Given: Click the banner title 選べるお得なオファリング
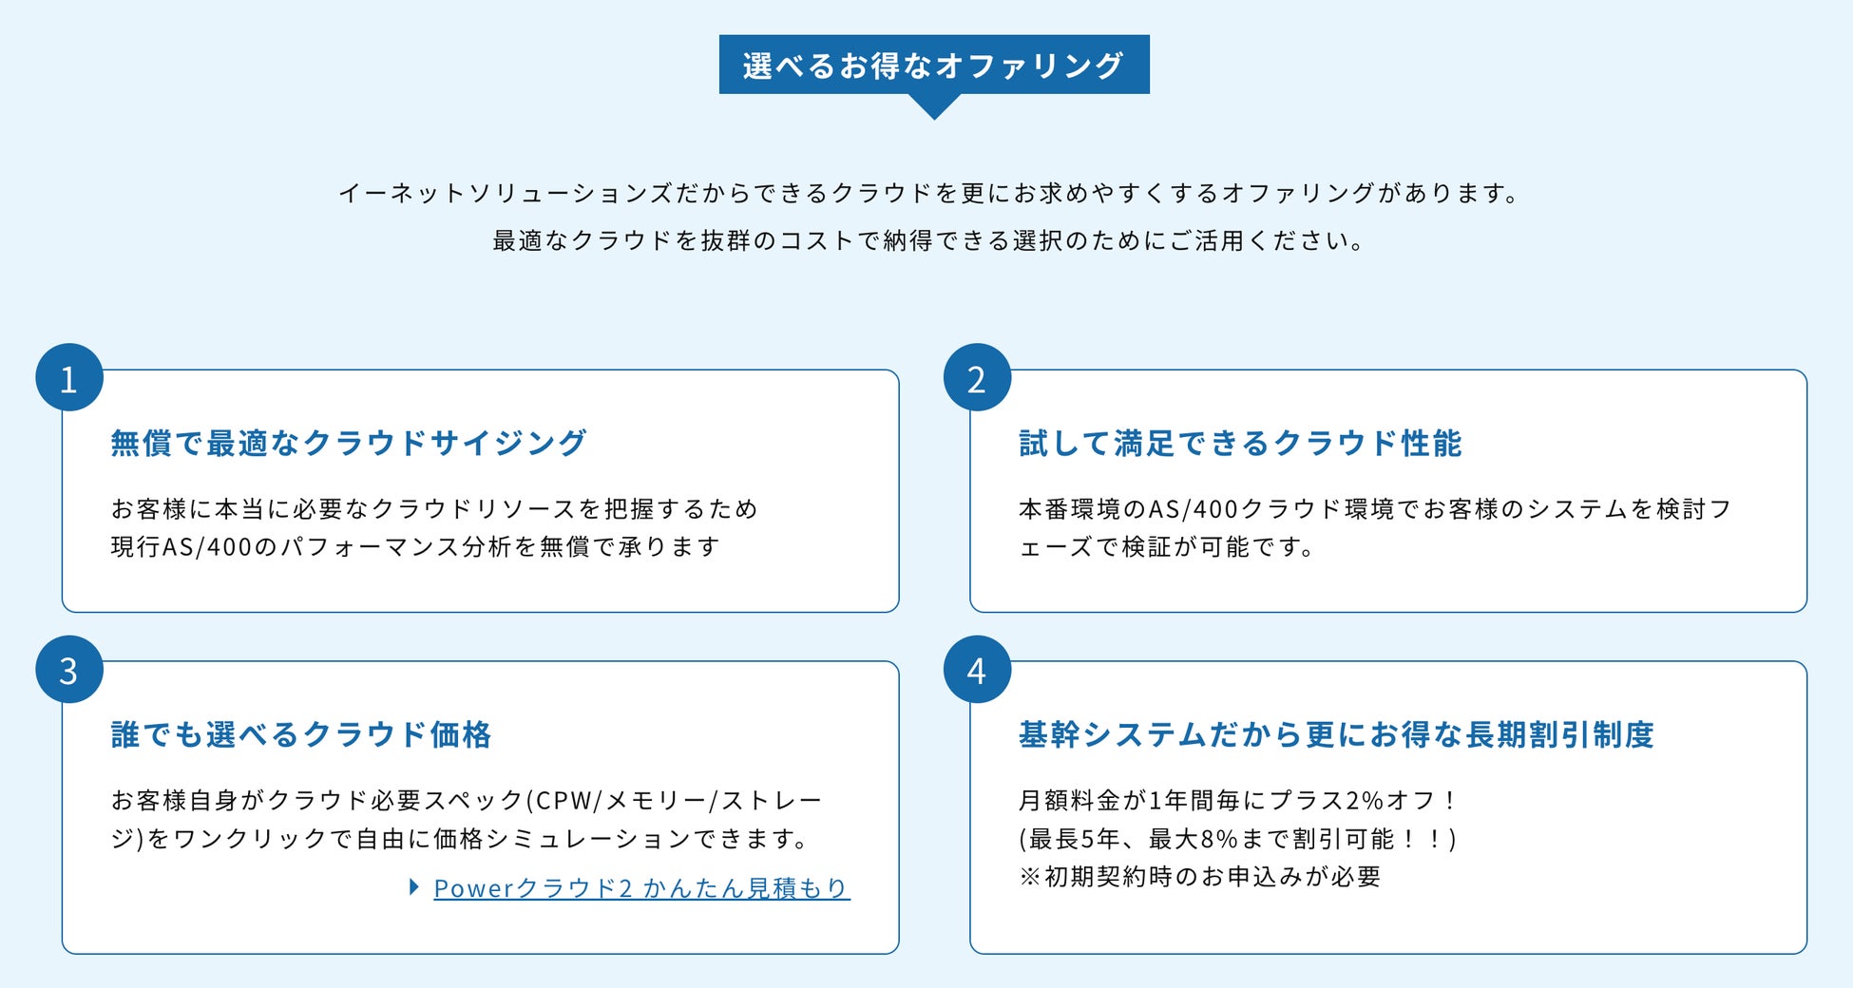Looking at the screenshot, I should click(933, 65).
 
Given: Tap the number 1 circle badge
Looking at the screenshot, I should click(68, 378).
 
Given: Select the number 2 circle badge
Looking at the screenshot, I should click(977, 378).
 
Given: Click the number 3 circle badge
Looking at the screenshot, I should click(68, 670).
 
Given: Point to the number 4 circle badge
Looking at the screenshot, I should click(977, 670).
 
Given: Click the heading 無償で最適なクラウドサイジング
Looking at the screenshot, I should click(349, 443).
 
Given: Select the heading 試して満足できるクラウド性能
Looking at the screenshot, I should click(1240, 443).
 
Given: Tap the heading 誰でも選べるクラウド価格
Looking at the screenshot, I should click(301, 734).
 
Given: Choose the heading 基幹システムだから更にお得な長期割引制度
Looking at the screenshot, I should click(1336, 734).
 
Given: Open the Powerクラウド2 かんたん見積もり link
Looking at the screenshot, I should click(641, 888).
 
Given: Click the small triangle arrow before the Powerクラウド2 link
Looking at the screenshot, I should click(414, 887).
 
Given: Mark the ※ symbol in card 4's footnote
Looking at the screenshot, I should click(1030, 877).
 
